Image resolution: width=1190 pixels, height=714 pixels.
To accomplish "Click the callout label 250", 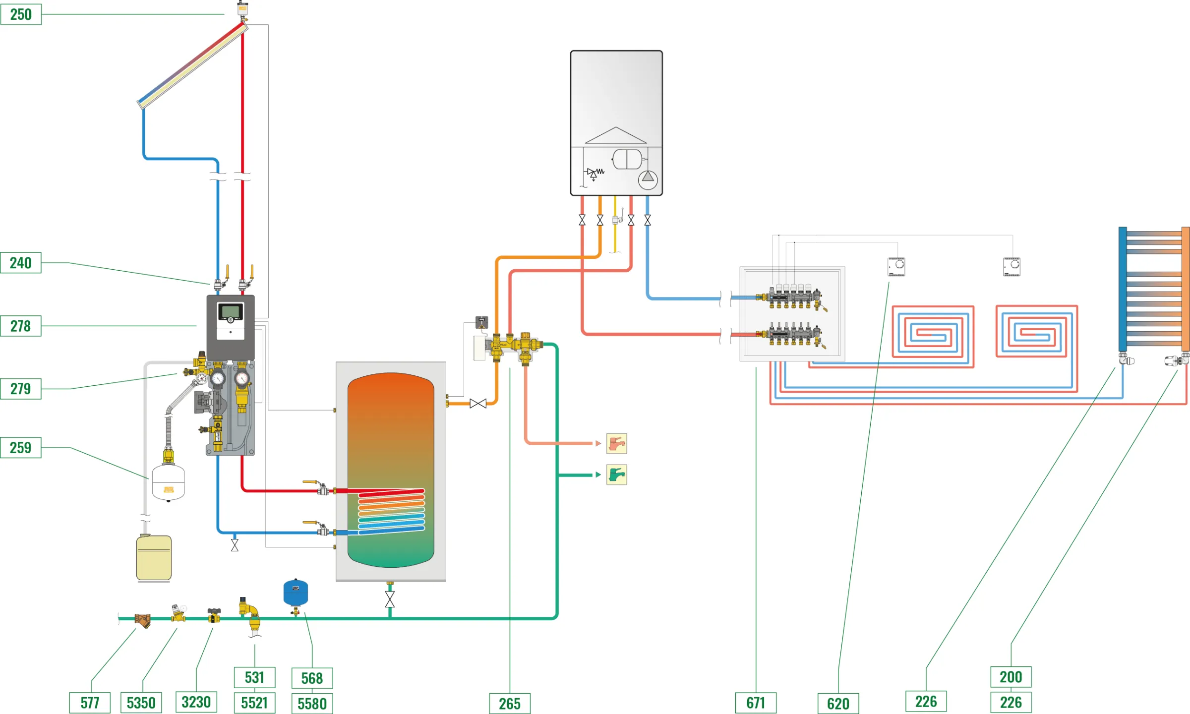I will click(21, 14).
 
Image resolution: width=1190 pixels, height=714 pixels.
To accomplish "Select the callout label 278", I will click(21, 326).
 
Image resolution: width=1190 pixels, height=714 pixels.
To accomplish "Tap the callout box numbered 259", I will click(21, 448).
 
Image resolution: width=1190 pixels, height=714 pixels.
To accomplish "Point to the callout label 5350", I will click(141, 703).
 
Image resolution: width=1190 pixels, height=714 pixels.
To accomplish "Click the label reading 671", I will click(756, 703).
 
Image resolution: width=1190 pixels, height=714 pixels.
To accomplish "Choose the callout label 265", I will click(510, 704).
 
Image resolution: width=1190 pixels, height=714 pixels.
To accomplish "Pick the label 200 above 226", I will click(1011, 677).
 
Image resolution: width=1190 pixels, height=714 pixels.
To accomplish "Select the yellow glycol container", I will click(154, 557).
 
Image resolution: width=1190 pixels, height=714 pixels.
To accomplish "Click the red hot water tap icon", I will click(616, 444).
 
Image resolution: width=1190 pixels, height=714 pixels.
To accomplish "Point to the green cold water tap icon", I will click(616, 475).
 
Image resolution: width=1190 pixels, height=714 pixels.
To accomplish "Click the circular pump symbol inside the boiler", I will click(648, 179).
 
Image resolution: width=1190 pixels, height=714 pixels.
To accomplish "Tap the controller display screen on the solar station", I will click(231, 312).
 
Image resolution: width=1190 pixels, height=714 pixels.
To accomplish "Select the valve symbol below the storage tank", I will click(390, 599).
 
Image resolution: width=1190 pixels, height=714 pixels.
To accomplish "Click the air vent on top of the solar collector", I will click(242, 9).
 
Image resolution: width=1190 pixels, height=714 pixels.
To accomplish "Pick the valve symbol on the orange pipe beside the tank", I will click(478, 404).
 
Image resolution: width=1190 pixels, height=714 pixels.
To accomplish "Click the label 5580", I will click(312, 704).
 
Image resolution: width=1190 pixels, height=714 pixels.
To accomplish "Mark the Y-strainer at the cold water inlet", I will click(143, 620).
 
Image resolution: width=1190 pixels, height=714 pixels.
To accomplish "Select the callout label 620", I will click(838, 704).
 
